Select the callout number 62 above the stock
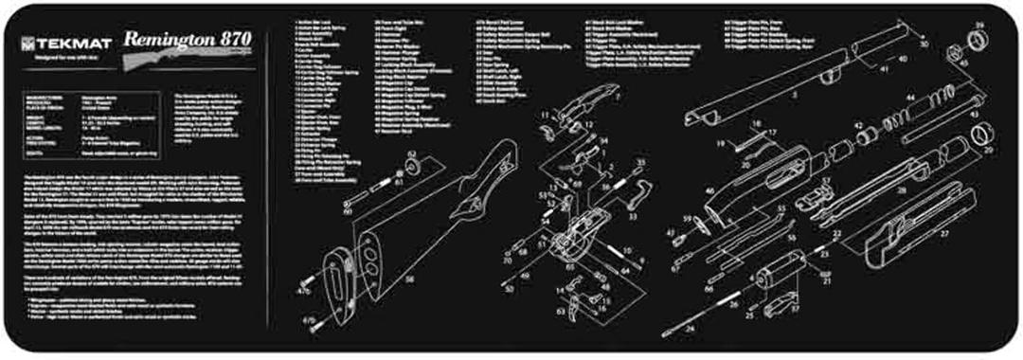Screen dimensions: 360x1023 pos(412,153)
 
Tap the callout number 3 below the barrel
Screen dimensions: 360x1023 pos(795,97)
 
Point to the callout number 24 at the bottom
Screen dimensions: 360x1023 pos(690,330)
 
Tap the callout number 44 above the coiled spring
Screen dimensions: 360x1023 pos(910,98)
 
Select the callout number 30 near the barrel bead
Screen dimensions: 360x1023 pos(924,44)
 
